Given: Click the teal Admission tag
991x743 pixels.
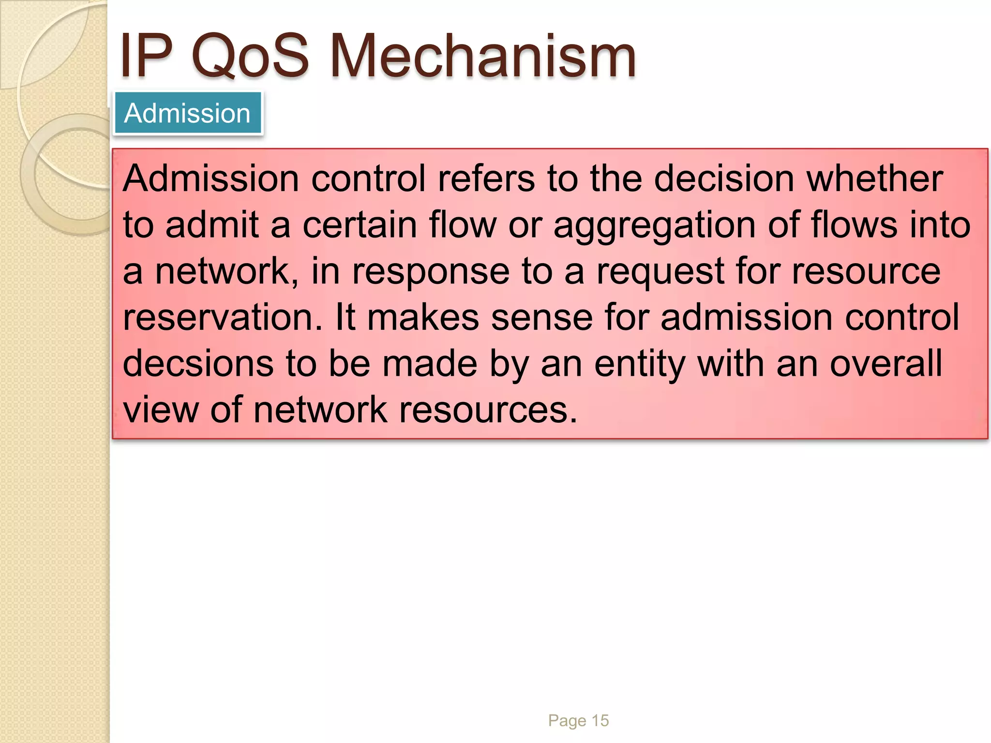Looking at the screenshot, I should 188,113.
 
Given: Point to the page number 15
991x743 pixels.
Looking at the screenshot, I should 600,721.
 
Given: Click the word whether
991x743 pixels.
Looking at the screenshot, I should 874,178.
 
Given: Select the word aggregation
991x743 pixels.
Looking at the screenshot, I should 654,225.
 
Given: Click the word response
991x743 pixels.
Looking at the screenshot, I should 430,272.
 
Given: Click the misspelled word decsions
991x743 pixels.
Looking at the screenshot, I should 198,364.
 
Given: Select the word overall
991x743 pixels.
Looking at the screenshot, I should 886,364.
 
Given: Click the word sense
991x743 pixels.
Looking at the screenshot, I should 541,318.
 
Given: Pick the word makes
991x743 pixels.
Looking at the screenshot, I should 423,318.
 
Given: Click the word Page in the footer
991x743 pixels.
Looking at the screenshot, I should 567,721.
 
